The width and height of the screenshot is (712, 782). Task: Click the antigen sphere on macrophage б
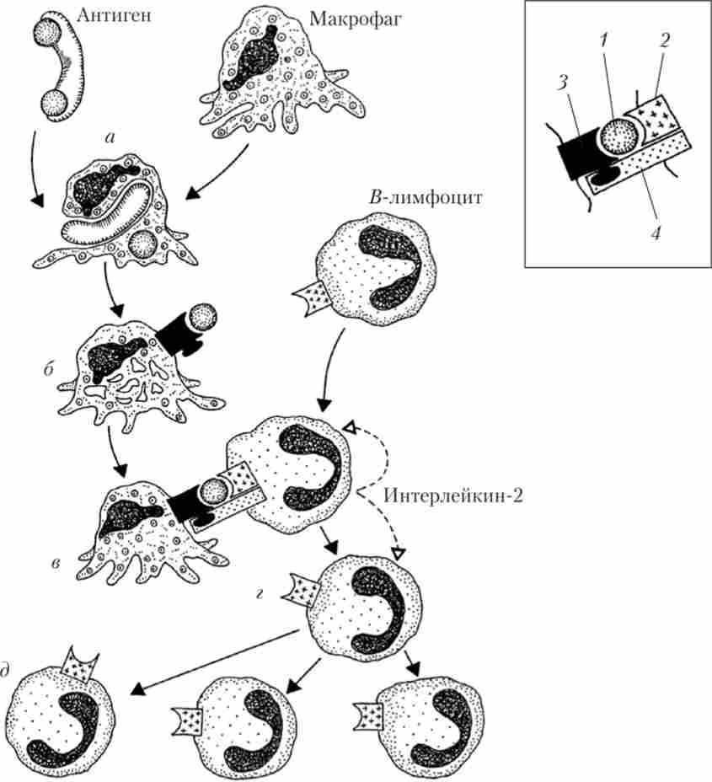click(x=202, y=316)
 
